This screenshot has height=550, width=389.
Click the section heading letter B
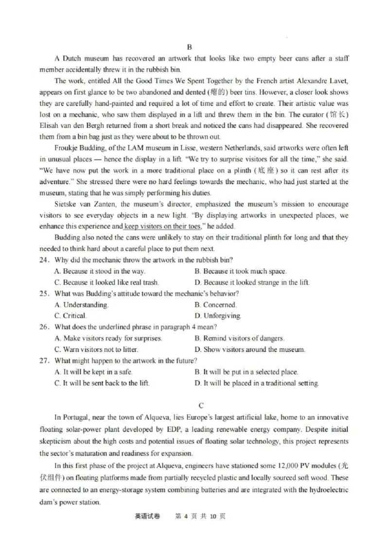(190, 47)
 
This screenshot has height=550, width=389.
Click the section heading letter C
(201, 406)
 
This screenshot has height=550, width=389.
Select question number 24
(45, 260)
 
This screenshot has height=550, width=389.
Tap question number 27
(45, 361)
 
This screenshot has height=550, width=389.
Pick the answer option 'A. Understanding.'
(82, 305)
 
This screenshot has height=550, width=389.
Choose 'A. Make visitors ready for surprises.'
(108, 338)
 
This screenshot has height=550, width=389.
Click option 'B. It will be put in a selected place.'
(246, 372)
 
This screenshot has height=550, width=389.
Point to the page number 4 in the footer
(185, 516)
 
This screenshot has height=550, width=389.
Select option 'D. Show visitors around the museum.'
(250, 349)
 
